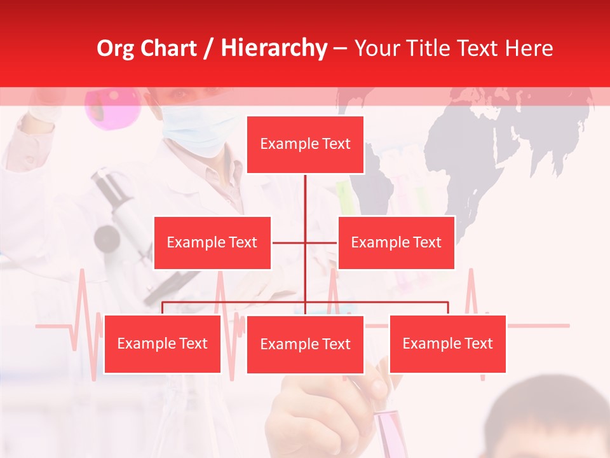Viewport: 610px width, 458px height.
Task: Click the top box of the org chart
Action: pyautogui.click(x=305, y=144)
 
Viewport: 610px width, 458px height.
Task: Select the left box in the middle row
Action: pyautogui.click(x=212, y=242)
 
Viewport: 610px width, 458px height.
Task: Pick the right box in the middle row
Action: pyautogui.click(x=396, y=242)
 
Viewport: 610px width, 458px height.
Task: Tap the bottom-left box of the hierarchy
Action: pyautogui.click(x=163, y=343)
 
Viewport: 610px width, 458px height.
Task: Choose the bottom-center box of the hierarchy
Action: pyautogui.click(x=305, y=344)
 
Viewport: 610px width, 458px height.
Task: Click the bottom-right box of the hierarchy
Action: pyautogui.click(x=447, y=343)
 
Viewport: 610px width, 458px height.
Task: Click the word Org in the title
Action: pyautogui.click(x=115, y=48)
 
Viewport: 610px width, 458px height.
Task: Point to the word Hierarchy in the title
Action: pyautogui.click(x=274, y=48)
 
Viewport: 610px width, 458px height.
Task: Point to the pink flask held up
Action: pyautogui.click(x=113, y=105)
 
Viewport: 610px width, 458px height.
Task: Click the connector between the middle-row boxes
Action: pyautogui.click(x=305, y=242)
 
